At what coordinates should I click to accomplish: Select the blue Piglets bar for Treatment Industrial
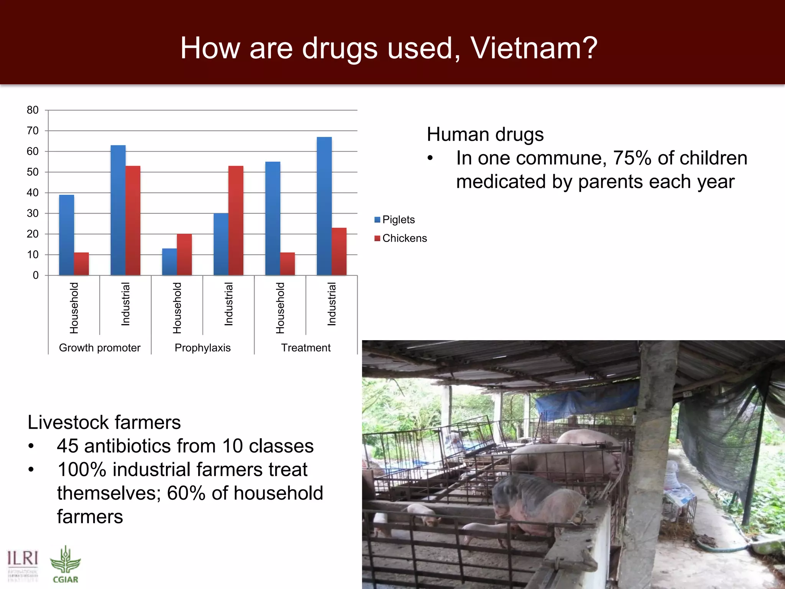coord(324,206)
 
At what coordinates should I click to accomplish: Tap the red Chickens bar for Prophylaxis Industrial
coord(236,220)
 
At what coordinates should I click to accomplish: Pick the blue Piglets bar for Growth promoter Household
coord(66,235)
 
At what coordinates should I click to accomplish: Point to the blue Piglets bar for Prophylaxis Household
coord(169,262)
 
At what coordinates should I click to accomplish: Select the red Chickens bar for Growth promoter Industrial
coord(133,220)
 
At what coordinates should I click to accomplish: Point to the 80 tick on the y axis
coord(33,110)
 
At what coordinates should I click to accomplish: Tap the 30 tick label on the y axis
coord(33,213)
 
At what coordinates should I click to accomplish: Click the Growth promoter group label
coord(100,348)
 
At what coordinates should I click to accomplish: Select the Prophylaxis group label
coord(202,348)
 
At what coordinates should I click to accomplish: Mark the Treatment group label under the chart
coord(305,348)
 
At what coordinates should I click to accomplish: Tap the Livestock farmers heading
coord(104,423)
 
